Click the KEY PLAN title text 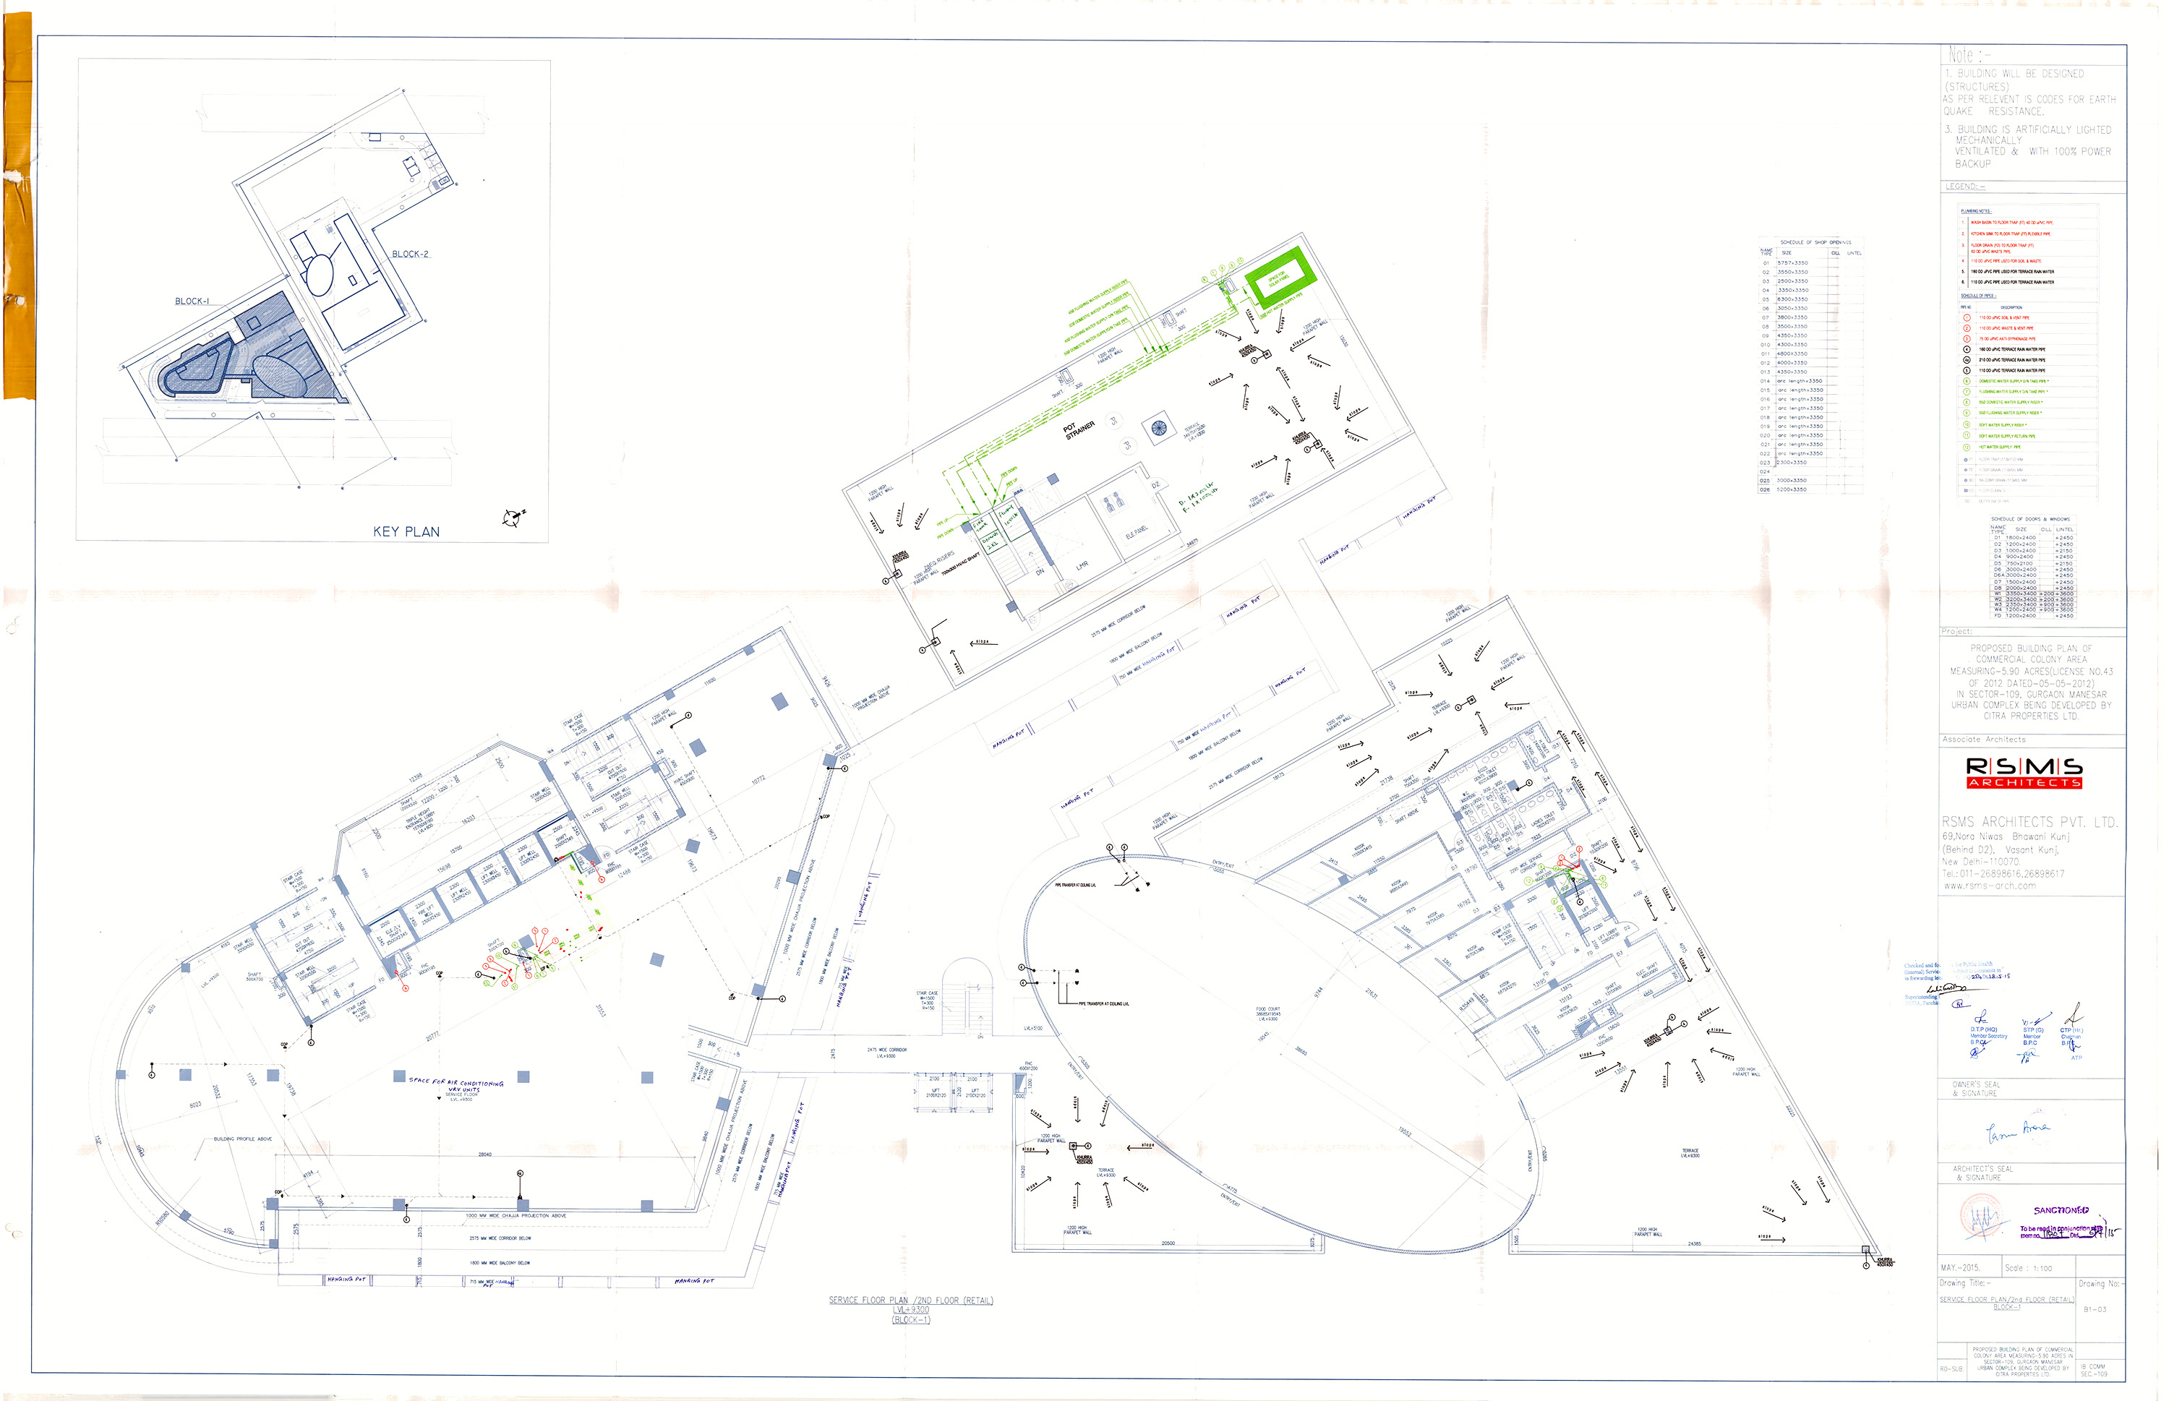pyautogui.click(x=406, y=531)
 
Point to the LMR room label pyautogui.click(x=1082, y=566)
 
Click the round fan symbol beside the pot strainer pyautogui.click(x=1158, y=427)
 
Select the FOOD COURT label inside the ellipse pyautogui.click(x=1267, y=1013)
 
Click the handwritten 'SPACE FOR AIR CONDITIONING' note pyautogui.click(x=455, y=1083)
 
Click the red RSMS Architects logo pyautogui.click(x=2024, y=771)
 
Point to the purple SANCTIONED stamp pyautogui.click(x=2061, y=1210)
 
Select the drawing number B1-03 pyautogui.click(x=2095, y=1309)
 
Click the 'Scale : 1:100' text pyautogui.click(x=2028, y=1267)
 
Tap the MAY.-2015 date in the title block pyautogui.click(x=1960, y=1267)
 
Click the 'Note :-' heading pyautogui.click(x=1964, y=56)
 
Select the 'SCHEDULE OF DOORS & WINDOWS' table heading pyautogui.click(x=2029, y=518)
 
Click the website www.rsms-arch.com pyautogui.click(x=1989, y=885)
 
